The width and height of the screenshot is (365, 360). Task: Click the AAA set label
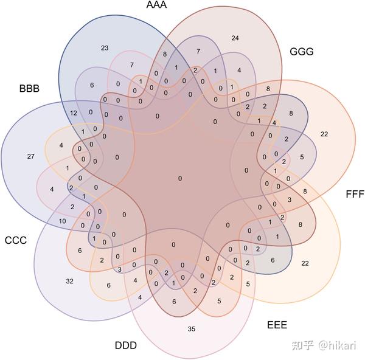157,5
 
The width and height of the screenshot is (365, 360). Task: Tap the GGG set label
301,52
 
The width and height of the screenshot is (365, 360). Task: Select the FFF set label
354,195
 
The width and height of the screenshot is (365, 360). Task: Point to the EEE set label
277,324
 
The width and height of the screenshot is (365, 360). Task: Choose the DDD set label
126,345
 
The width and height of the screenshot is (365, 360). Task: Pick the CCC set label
15,240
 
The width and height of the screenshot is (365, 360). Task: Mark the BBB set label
29,89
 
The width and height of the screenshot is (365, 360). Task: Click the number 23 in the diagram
105,47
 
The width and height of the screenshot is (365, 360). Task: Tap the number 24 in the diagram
235,38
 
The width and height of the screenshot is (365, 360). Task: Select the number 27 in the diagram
31,156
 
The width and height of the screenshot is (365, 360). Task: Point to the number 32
69,281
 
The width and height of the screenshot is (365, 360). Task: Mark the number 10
62,220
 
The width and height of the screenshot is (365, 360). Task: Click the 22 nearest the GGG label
324,134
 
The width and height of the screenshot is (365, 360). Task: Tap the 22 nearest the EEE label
305,263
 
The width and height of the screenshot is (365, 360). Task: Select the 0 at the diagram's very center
179,178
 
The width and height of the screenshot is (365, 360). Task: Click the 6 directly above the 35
174,302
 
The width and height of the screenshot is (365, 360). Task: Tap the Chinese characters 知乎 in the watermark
304,345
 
